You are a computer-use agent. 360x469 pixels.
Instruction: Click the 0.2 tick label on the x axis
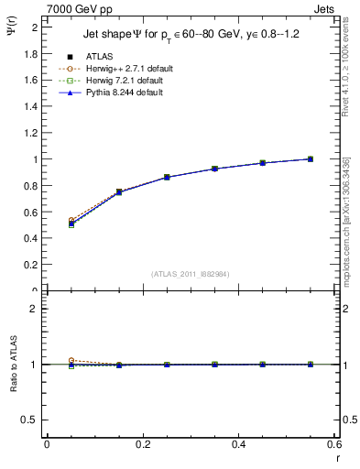pos(143,444)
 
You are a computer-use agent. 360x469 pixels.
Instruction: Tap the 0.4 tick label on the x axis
pos(239,444)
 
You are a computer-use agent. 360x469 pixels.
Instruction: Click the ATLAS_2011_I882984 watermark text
pos(191,273)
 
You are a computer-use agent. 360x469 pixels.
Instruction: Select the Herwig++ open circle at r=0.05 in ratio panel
pos(71,361)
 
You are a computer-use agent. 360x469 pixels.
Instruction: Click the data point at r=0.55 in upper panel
pos(311,159)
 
